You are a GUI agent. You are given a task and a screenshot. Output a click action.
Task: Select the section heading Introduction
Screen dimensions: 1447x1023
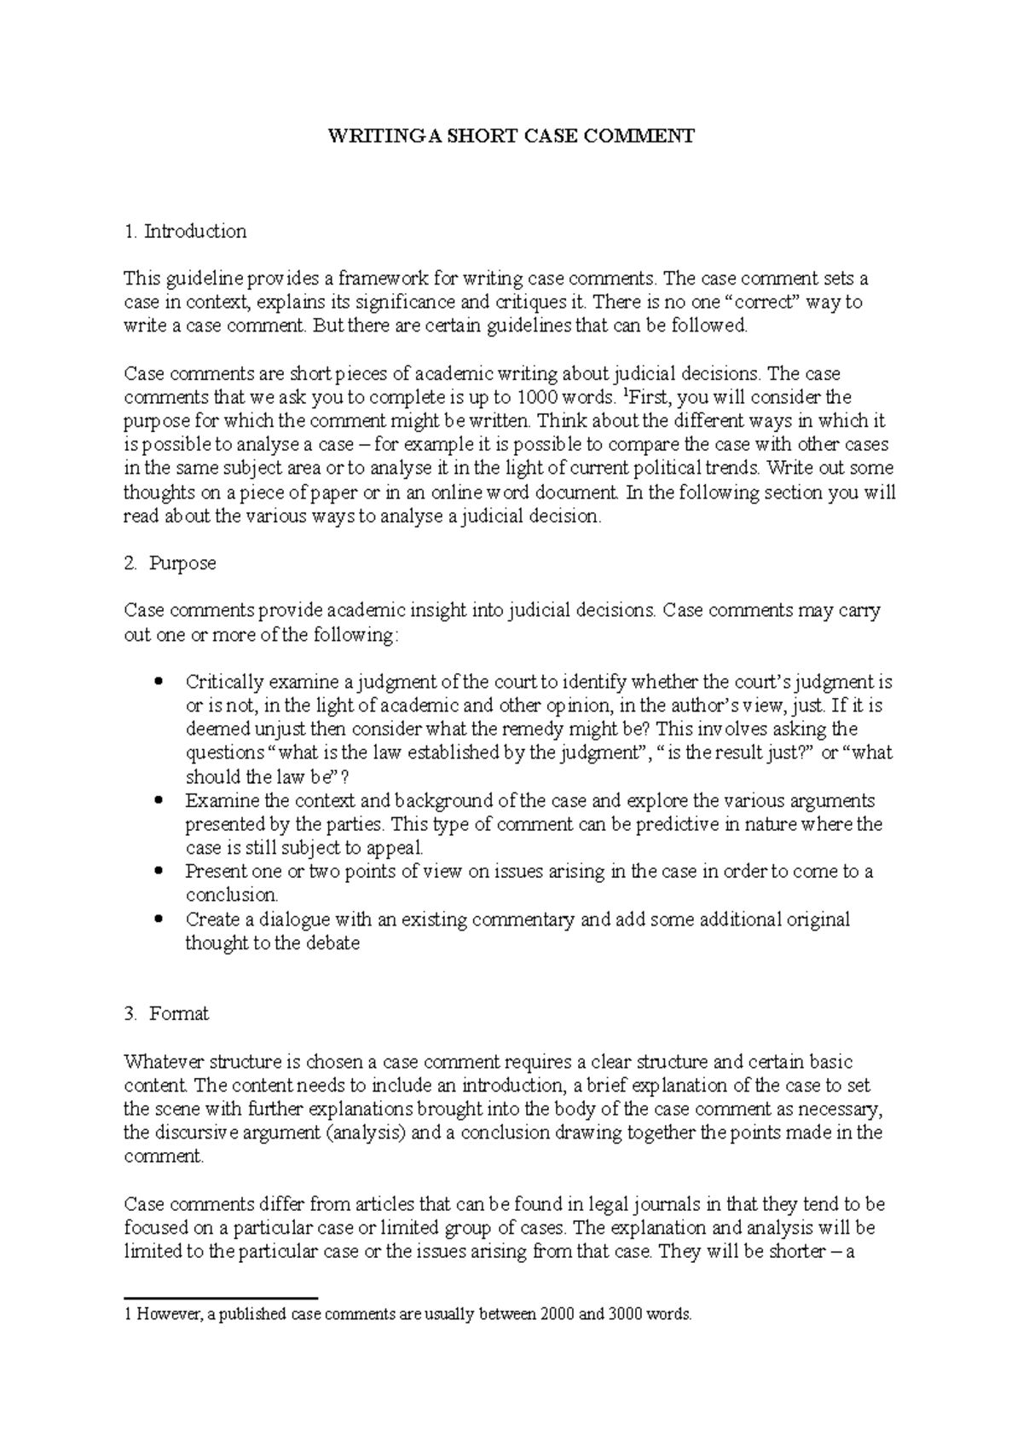click(x=195, y=231)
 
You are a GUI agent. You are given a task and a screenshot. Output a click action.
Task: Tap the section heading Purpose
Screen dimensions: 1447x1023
click(x=182, y=563)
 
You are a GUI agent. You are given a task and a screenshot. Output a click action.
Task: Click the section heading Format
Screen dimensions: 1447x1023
click(x=179, y=1014)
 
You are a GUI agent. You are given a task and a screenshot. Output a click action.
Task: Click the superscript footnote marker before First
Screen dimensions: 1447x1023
click(x=627, y=393)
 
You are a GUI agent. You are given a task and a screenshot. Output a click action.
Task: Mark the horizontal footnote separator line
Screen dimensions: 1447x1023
click(x=220, y=1297)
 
